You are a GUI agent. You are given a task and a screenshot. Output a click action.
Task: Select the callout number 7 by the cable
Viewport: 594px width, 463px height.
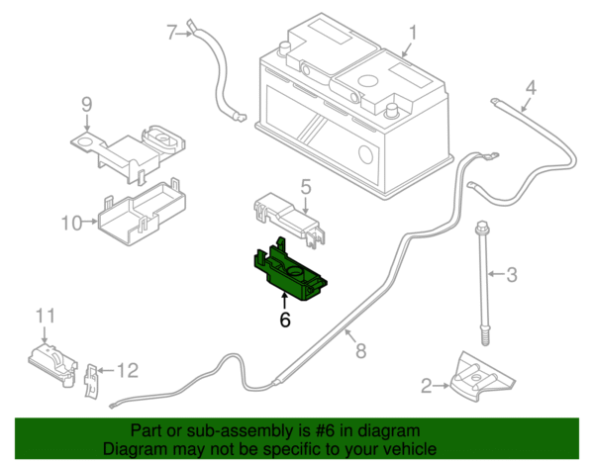[170, 33]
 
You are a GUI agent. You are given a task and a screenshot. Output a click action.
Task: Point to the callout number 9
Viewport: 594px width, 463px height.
[86, 104]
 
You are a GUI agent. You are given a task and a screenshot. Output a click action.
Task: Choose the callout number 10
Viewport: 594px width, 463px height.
[69, 223]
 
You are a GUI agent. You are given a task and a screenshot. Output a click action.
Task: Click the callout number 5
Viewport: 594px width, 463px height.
[306, 185]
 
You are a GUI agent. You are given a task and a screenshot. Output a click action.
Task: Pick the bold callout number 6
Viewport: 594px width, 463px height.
[285, 320]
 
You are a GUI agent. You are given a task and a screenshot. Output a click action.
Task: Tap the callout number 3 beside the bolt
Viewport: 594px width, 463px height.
[512, 274]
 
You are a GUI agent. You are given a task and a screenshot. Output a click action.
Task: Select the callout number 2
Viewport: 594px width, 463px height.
[427, 386]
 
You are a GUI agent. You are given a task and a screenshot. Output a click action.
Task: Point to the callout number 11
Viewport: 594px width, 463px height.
[43, 316]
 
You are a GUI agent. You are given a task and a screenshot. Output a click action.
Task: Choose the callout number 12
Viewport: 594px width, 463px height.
[126, 371]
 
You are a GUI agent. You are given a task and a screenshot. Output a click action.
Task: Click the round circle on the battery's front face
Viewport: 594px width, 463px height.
[364, 154]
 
